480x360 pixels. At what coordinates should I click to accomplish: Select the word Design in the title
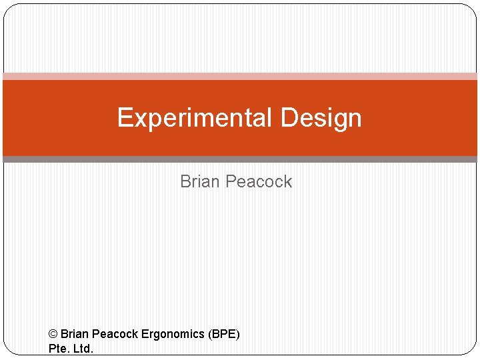coord(321,118)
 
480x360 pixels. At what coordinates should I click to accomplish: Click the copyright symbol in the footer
coord(53,333)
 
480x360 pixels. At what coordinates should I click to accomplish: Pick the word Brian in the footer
coord(74,333)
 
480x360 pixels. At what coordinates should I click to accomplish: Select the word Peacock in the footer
coord(115,333)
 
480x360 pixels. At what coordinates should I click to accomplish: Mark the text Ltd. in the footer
coord(83,349)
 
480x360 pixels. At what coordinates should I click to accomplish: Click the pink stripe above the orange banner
coord(240,76)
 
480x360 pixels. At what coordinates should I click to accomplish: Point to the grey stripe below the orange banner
coord(240,159)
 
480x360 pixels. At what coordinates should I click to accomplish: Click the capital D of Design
coord(289,118)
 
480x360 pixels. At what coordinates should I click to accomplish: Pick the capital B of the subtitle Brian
coord(185,181)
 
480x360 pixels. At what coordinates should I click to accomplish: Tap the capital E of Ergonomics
coord(145,333)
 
